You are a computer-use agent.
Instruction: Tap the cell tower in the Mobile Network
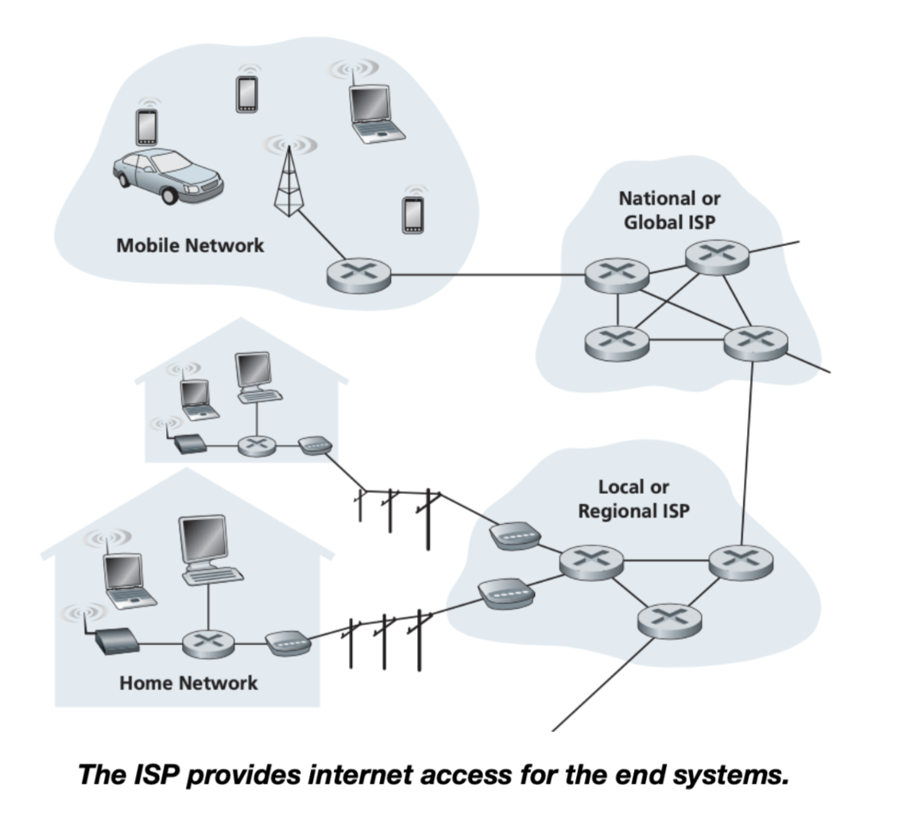288,181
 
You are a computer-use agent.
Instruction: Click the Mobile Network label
190,245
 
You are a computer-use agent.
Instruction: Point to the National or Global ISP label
669,210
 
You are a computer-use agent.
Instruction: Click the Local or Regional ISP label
633,499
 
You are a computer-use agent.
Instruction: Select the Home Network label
188,682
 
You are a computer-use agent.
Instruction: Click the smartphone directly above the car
146,126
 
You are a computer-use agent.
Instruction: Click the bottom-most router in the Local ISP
669,619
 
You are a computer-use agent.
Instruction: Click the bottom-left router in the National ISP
616,341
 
